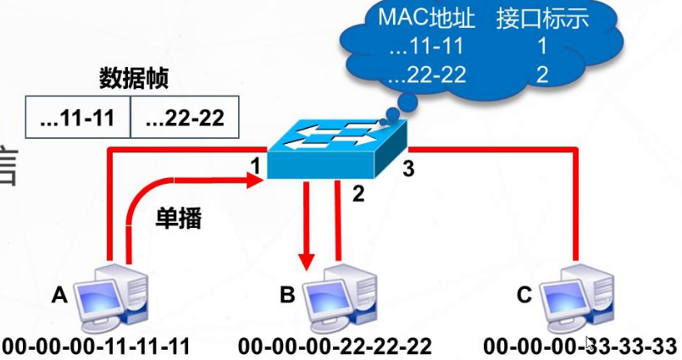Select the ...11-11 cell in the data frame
click(x=78, y=118)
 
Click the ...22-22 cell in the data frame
click(x=184, y=118)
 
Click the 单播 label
click(x=178, y=218)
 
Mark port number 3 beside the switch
click(x=408, y=169)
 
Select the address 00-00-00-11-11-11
click(x=95, y=346)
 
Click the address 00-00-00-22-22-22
click(x=335, y=346)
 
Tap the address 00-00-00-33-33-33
click(x=581, y=346)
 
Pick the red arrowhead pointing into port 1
click(x=253, y=179)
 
